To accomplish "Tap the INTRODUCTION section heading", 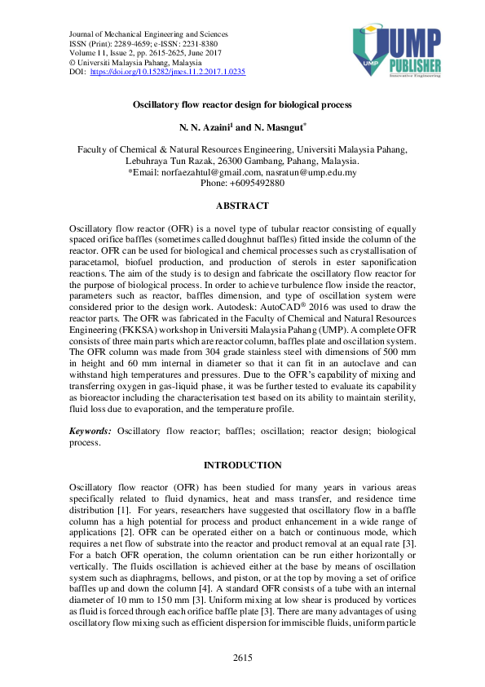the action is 242,465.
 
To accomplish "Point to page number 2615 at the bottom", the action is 242,657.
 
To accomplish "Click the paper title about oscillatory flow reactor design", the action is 242,105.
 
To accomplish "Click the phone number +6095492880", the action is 257,184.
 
